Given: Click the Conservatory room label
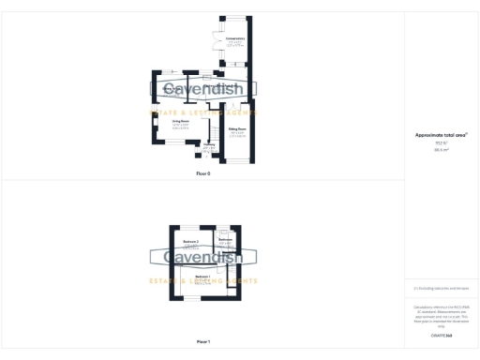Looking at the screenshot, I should pos(235,38).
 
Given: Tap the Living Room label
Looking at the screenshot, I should pos(181,121).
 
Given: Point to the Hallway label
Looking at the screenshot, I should pos(208,145).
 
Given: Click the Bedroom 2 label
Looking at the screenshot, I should pos(191,241).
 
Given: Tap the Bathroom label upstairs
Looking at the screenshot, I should pos(225,239).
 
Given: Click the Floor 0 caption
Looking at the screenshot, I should pos(203,174).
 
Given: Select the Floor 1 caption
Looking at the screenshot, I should pos(203,341).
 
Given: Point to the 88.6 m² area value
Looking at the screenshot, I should pos(439,149).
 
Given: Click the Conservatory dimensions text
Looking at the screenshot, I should pos(235,44).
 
